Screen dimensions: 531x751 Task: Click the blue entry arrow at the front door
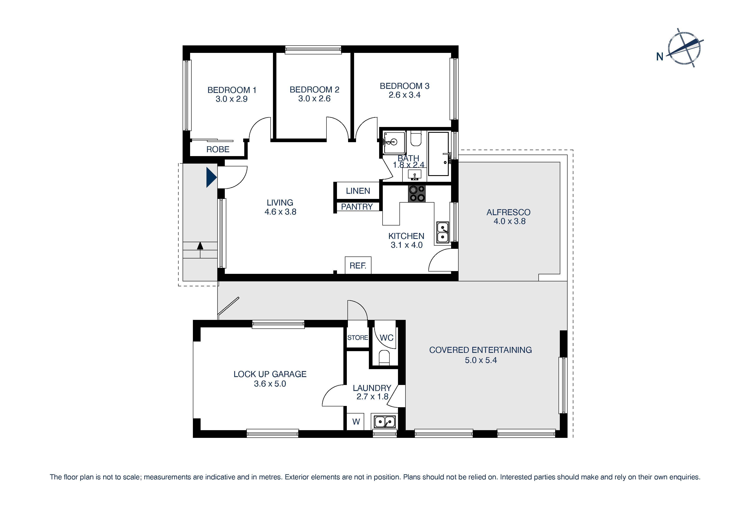[211, 177]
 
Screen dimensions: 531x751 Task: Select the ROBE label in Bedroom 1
[218, 149]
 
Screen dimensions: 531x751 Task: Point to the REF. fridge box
[358, 265]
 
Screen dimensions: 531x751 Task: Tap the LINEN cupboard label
[358, 191]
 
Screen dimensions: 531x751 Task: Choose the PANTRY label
[357, 207]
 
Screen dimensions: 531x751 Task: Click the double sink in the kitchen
[442, 232]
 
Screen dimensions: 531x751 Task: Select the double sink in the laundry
[385, 422]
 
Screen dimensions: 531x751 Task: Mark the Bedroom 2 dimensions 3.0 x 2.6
[314, 99]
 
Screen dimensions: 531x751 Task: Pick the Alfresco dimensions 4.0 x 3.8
[509, 221]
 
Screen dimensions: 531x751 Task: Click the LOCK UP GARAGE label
[270, 374]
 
